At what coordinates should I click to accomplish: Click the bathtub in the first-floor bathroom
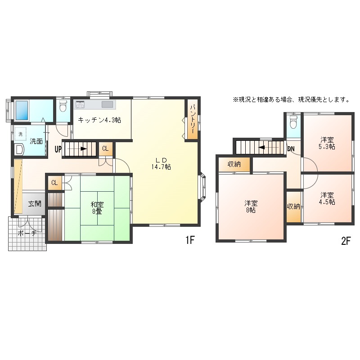22,110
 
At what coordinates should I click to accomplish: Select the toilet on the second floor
293,122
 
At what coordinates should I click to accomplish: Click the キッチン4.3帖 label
99,120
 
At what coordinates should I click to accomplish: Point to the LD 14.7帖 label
161,163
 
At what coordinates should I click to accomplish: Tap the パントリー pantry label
193,119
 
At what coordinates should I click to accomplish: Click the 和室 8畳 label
97,208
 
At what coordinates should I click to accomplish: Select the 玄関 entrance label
35,203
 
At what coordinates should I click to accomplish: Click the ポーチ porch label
27,233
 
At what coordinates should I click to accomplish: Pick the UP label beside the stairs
58,149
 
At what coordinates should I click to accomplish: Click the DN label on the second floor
291,149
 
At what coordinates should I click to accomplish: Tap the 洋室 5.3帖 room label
327,143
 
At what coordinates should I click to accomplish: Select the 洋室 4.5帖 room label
327,198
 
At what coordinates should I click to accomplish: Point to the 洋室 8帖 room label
251,207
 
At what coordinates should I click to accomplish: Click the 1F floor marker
190,240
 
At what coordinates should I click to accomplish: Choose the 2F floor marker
346,241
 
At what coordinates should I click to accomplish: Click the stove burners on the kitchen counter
80,104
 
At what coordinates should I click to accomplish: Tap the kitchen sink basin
108,104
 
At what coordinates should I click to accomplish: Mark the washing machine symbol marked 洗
21,134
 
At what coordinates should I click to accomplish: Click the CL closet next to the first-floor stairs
105,148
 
